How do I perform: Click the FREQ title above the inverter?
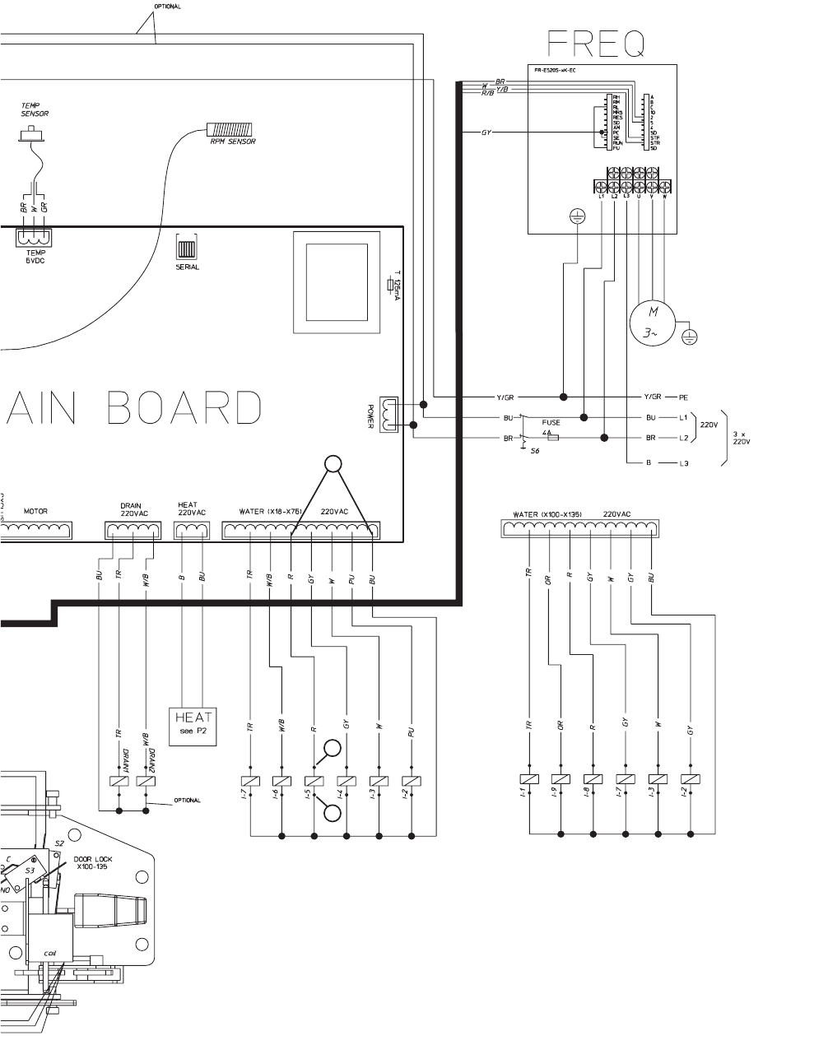click(597, 44)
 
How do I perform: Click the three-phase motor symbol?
click(653, 323)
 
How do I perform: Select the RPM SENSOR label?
click(232, 142)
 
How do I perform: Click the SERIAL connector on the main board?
click(188, 248)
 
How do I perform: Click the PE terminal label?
click(683, 397)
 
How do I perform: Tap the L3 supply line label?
click(683, 464)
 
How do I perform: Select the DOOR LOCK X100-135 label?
click(93, 863)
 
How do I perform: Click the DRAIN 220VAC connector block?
click(133, 531)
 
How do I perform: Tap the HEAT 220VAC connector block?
click(192, 531)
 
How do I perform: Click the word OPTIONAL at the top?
click(168, 7)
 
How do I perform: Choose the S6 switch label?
click(535, 451)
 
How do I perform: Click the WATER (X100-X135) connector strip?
click(581, 528)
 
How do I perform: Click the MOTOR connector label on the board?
click(35, 512)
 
